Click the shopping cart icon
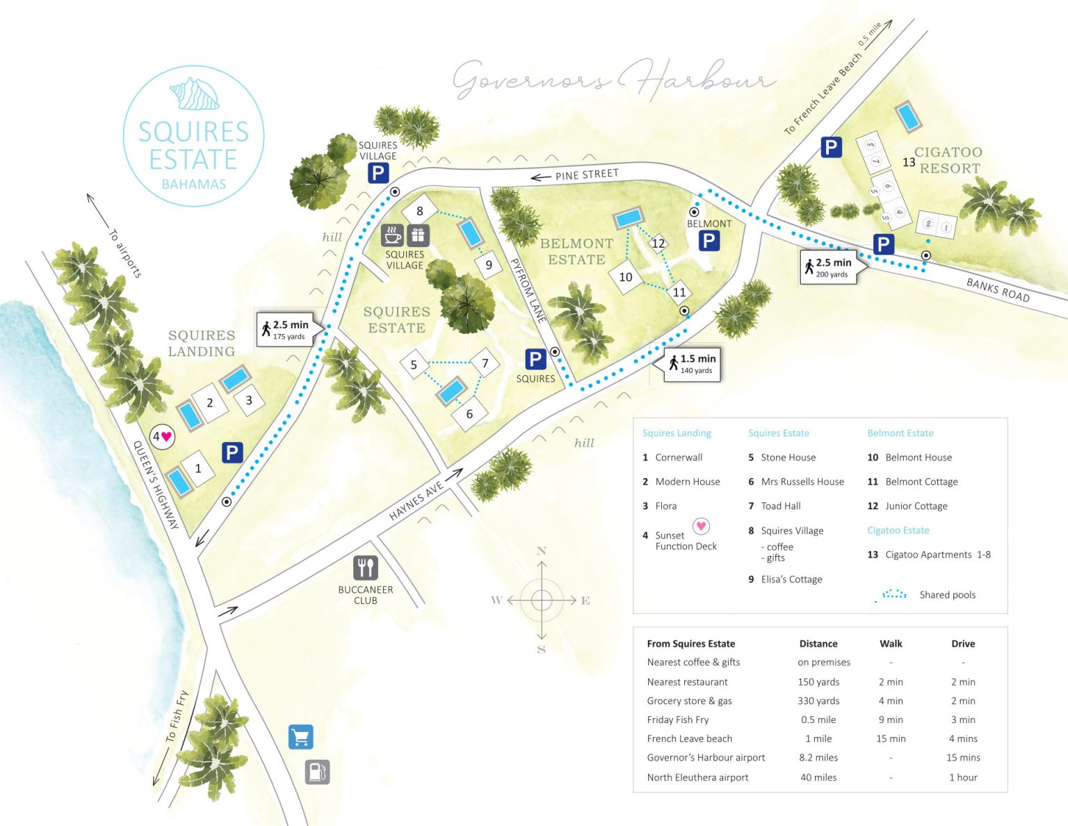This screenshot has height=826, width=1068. [300, 737]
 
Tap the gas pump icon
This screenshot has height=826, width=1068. [317, 772]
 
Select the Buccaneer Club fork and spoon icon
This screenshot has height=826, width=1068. [365, 568]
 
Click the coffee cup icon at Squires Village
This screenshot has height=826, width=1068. [393, 235]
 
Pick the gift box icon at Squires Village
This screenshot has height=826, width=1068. [418, 235]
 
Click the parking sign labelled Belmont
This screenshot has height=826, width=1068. [709, 241]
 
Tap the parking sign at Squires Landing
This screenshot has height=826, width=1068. [232, 452]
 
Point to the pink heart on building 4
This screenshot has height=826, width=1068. [166, 436]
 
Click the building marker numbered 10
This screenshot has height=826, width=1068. [626, 277]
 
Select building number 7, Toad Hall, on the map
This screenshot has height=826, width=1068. [485, 363]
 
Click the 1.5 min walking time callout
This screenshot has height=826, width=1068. [692, 364]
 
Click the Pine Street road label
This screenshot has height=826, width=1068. [586, 174]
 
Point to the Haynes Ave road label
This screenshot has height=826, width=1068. [416, 501]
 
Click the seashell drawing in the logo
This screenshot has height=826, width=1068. [195, 94]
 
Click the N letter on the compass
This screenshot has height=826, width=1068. [542, 550]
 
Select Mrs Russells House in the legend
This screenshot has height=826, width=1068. [802, 482]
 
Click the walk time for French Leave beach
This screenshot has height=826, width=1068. [891, 738]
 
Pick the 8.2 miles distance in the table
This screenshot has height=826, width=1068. [818, 757]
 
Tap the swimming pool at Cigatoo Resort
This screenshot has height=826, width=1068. [907, 116]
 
